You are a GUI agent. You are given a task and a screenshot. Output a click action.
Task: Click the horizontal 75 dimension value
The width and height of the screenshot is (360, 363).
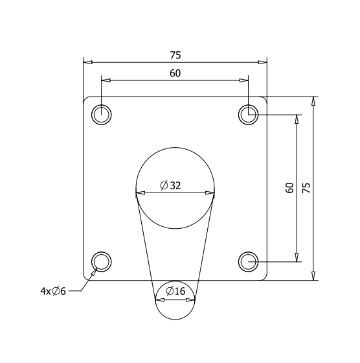pyautogui.click(x=175, y=55)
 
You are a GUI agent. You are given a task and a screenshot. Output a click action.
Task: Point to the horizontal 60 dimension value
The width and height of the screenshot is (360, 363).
pyautogui.click(x=175, y=73)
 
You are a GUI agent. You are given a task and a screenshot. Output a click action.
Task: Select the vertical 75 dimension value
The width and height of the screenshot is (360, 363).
pyautogui.click(x=306, y=188)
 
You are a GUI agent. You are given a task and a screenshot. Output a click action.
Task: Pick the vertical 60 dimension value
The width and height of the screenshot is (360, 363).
pyautogui.click(x=289, y=188)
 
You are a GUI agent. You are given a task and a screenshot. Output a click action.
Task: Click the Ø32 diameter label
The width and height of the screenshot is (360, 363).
pyautogui.click(x=171, y=185)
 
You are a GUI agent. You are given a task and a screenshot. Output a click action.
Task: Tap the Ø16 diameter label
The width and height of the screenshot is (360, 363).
pyautogui.click(x=175, y=291)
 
